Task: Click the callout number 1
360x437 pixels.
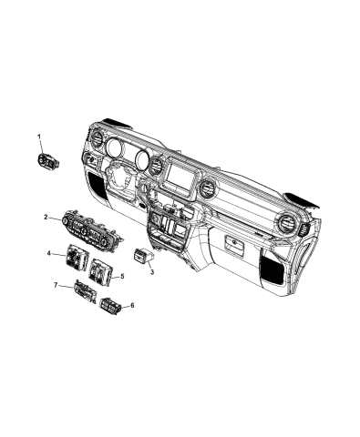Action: point(39,137)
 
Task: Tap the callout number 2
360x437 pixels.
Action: point(46,218)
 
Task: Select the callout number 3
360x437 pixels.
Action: point(152,271)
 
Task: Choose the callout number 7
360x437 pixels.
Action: point(57,287)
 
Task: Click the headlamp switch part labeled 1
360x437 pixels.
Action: point(45,162)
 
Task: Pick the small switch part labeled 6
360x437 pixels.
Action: point(112,305)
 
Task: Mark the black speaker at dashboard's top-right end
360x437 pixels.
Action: point(300,198)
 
